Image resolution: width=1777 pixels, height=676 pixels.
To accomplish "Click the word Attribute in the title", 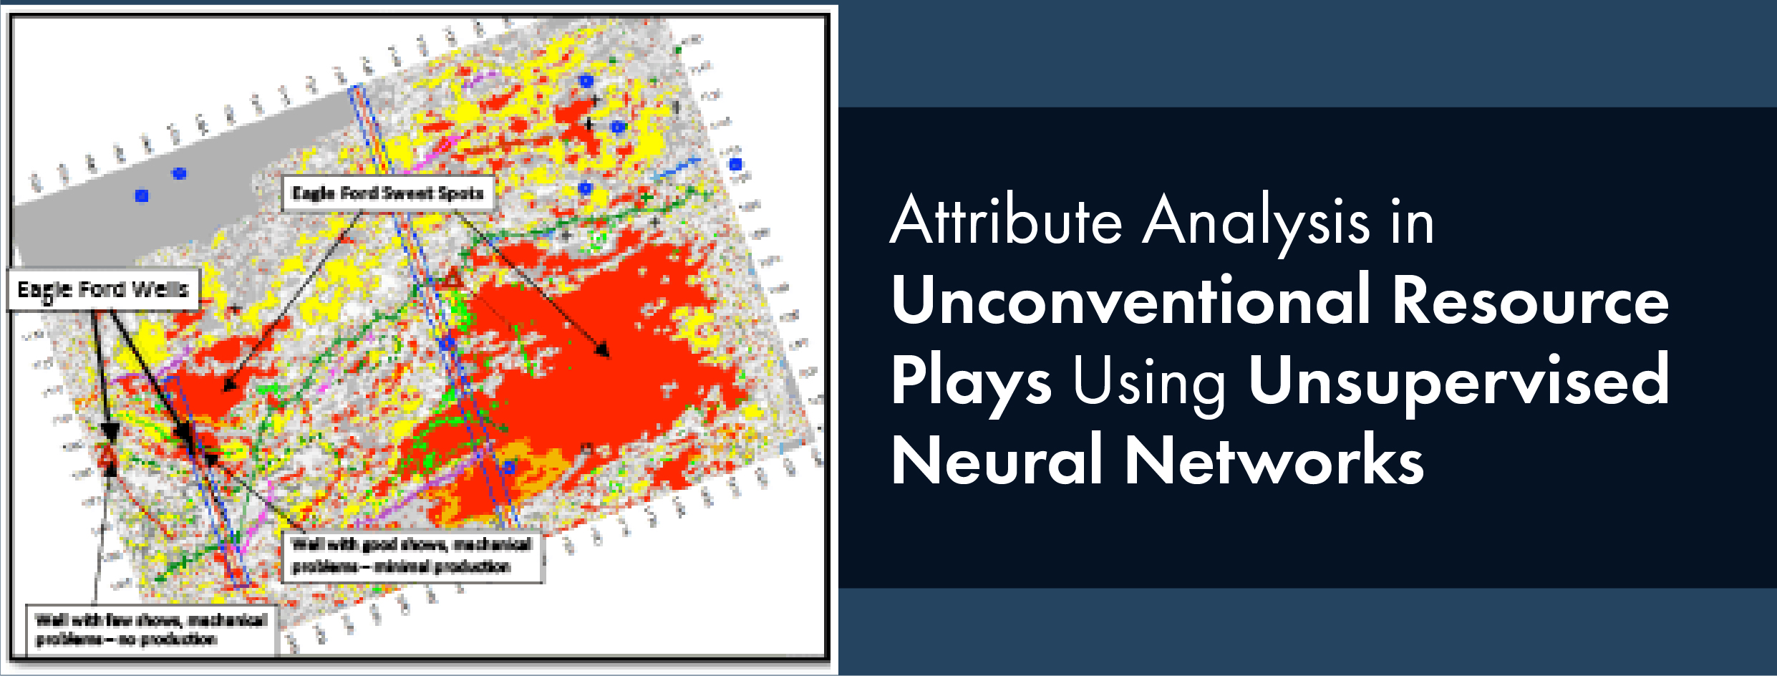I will [x=1006, y=221].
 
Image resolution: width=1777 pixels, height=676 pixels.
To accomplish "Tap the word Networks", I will [x=1274, y=460].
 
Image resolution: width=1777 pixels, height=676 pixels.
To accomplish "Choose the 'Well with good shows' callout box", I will [x=412, y=556].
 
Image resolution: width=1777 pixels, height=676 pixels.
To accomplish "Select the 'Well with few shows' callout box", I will [x=151, y=629].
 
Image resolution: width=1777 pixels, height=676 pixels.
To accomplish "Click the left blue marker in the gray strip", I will [x=142, y=195].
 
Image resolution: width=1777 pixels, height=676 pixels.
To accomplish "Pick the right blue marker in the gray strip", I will [x=179, y=173].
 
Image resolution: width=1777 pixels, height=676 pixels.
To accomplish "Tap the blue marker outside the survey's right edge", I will [x=735, y=164].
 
